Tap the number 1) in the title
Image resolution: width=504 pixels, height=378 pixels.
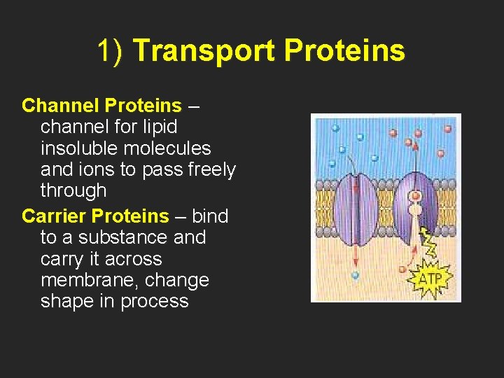pos(111,50)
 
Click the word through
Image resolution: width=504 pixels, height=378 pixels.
pos(73,190)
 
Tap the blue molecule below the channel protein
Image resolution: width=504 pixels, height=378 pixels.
pos(356,276)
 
